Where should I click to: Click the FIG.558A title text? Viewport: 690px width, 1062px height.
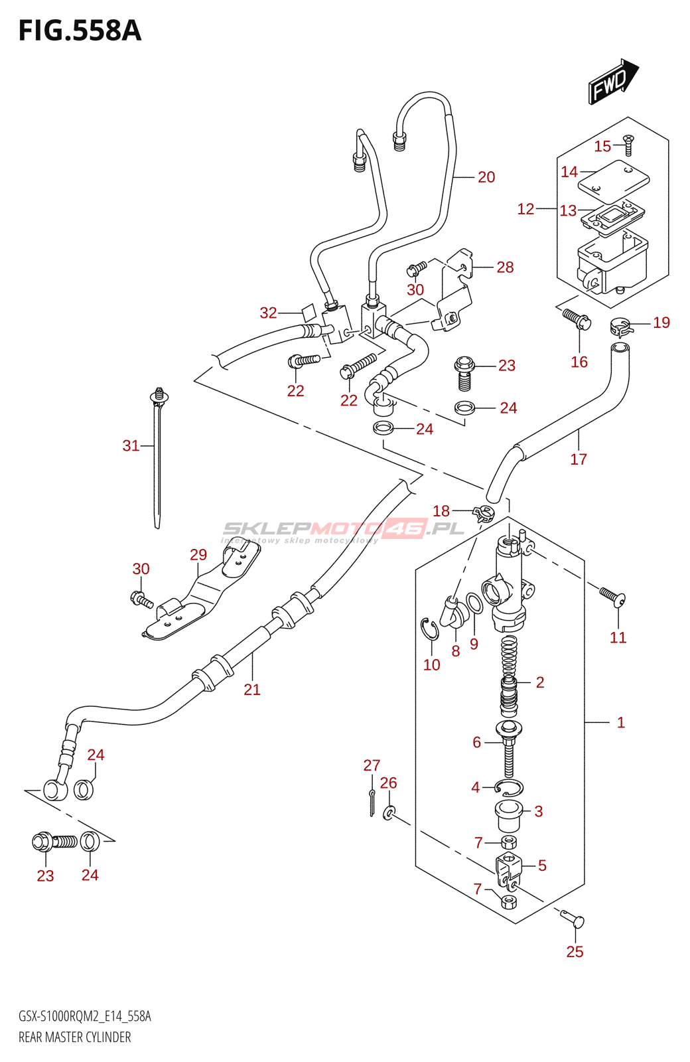[80, 31]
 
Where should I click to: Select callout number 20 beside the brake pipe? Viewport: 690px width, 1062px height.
[486, 177]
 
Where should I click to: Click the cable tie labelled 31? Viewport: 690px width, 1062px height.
[158, 458]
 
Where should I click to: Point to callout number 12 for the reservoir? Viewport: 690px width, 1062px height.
[525, 209]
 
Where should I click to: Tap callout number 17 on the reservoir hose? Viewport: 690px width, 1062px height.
[579, 459]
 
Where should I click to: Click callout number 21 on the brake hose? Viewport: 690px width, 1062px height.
[252, 690]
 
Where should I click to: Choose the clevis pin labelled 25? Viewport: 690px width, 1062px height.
[573, 920]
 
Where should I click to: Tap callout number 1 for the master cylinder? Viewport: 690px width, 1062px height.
[621, 722]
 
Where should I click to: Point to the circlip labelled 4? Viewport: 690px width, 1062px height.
[509, 788]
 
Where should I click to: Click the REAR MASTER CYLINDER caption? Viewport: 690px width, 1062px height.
[75, 1037]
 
